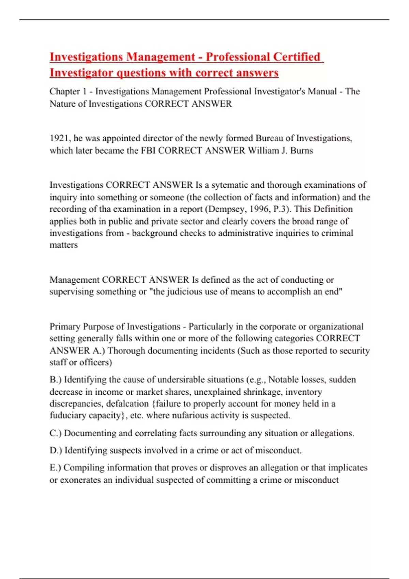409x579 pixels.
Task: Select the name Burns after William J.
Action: point(301,151)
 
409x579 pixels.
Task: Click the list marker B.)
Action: point(56,380)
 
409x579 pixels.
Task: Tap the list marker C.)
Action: point(56,433)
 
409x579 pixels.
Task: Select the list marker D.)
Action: point(56,450)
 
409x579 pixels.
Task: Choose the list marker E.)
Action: point(55,468)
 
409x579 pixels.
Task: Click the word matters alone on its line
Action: point(63,245)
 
